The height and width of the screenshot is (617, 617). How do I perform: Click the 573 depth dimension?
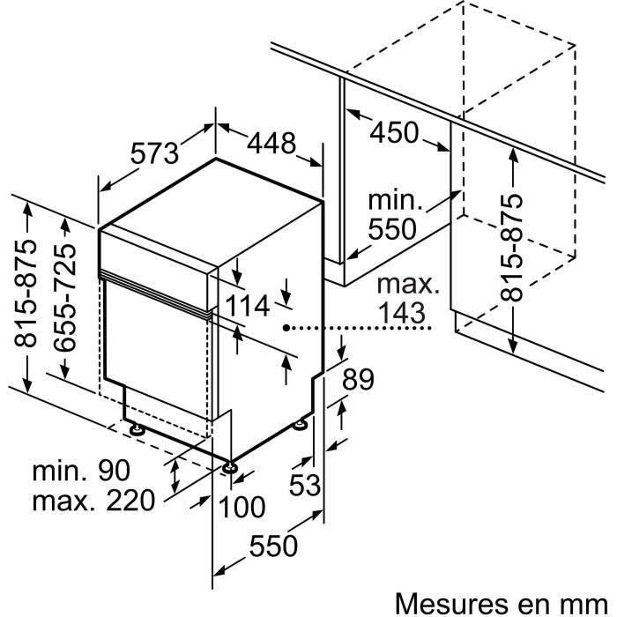coord(155,152)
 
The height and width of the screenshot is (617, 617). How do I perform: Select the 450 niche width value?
coord(394,133)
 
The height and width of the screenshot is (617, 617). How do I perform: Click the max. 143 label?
coord(405,298)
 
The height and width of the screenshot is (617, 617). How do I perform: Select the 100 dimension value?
coord(242,507)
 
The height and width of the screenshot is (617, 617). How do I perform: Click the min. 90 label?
coord(81,471)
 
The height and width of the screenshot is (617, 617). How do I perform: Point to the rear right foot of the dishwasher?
coord(301,426)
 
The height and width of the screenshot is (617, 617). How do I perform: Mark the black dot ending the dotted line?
coord(287,327)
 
